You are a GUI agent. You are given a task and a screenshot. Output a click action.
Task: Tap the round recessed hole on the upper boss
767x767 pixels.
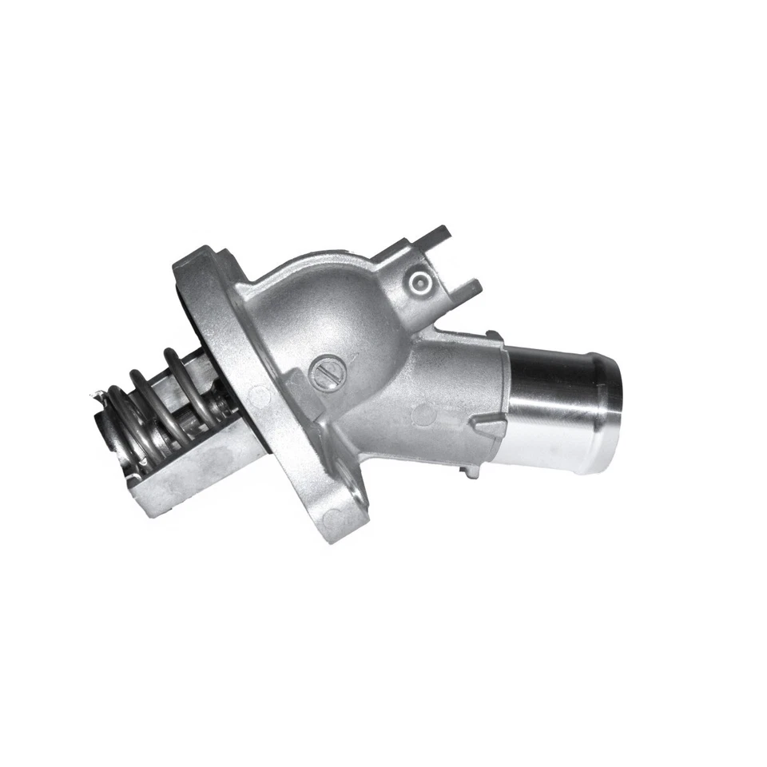[x=419, y=281]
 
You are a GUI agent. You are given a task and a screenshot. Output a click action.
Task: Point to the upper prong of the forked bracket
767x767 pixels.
[x=435, y=235]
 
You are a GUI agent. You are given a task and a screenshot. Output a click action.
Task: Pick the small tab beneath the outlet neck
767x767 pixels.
[x=471, y=471]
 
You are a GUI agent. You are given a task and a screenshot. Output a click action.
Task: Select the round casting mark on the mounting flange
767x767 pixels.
[x=257, y=394]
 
